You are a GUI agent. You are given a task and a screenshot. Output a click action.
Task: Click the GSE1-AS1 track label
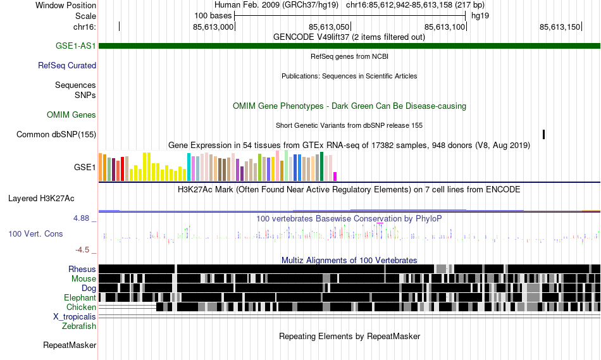[x=76, y=46]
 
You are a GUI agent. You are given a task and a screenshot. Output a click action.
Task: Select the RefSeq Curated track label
[x=67, y=65]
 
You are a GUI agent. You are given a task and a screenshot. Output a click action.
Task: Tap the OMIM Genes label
[x=71, y=115]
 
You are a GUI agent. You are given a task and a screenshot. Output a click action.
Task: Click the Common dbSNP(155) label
[x=56, y=134]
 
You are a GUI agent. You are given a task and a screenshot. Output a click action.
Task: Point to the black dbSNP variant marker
[x=543, y=134]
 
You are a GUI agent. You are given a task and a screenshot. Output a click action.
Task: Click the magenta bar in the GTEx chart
[x=335, y=176]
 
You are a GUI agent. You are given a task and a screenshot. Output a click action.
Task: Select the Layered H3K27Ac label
[x=41, y=198]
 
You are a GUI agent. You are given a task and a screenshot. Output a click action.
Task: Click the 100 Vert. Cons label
[x=35, y=233]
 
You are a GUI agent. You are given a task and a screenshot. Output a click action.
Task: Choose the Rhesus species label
[x=82, y=269]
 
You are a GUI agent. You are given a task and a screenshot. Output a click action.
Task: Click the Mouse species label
[x=84, y=278]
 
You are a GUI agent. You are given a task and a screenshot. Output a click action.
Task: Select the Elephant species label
[x=80, y=297]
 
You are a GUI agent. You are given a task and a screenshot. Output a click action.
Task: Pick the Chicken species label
[x=81, y=307]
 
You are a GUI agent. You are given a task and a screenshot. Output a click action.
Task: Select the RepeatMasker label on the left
[x=70, y=345]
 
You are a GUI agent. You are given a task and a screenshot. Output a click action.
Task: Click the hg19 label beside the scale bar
[x=479, y=15]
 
